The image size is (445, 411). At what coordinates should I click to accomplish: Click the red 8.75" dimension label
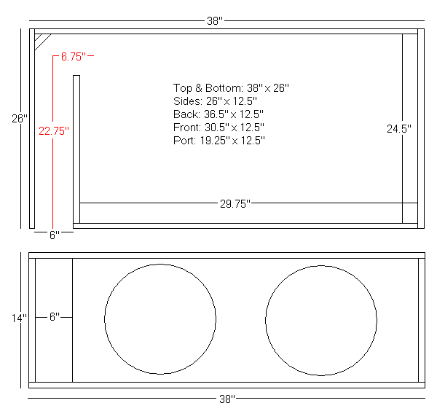pos(74,55)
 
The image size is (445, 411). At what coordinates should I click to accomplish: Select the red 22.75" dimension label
pos(53,131)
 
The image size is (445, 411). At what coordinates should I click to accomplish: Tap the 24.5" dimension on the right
pos(399,128)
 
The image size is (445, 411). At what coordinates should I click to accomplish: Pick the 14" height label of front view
pos(19,318)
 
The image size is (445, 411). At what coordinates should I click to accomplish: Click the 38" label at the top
pos(214,21)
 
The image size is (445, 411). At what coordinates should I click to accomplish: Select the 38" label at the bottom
pos(227,399)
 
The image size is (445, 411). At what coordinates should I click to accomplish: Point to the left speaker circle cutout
pos(160,318)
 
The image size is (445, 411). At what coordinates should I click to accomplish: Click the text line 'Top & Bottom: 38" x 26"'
pos(232,87)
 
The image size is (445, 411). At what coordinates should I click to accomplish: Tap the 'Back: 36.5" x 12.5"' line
pos(218,114)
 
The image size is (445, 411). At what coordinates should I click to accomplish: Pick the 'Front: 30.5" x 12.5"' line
pos(219,128)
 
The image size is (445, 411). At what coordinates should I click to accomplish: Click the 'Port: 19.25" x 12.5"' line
pos(219,141)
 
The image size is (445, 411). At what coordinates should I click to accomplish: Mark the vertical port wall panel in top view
pos(76,149)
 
